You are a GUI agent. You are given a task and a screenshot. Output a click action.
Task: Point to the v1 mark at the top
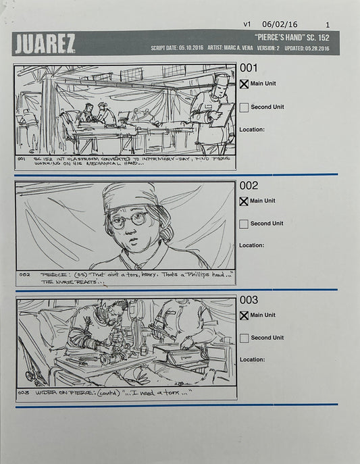(x=247, y=24)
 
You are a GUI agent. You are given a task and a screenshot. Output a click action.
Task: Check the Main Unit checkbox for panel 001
(x=244, y=84)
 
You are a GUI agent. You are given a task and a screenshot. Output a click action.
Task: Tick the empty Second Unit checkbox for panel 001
(x=244, y=107)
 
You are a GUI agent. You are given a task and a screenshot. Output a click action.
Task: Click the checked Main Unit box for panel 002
(x=244, y=201)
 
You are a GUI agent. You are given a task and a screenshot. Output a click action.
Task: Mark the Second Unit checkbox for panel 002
(x=244, y=224)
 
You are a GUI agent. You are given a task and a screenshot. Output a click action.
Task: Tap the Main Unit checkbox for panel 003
(x=244, y=315)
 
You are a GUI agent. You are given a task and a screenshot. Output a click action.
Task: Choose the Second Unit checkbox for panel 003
(x=244, y=338)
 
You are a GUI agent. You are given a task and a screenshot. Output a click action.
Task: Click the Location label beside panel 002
(x=251, y=245)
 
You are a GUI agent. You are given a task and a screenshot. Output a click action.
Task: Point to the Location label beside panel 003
(x=251, y=359)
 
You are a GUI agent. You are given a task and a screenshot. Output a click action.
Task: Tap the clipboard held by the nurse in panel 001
(x=222, y=115)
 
